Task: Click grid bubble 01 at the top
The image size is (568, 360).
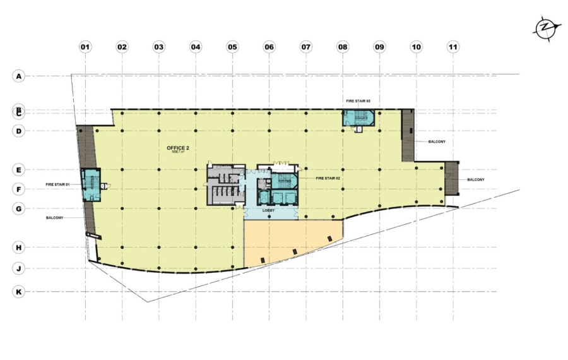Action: pos(85,47)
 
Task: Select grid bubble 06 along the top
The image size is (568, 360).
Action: pos(269,47)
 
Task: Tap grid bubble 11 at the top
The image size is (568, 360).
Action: pos(453,47)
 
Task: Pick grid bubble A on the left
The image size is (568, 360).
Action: pos(19,76)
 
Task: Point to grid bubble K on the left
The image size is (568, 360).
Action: pos(19,292)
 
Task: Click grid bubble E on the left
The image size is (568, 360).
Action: pos(19,170)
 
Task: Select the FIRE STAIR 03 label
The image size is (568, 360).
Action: pos(358,101)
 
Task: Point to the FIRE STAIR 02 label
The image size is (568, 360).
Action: pos(328,179)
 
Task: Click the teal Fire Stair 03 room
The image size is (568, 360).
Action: pos(358,117)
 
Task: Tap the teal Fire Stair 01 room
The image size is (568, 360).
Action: pos(90,184)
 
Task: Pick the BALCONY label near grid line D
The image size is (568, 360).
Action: pos(437,141)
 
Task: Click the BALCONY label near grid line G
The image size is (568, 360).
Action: pos(55,218)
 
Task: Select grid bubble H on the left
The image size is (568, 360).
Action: pos(19,248)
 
